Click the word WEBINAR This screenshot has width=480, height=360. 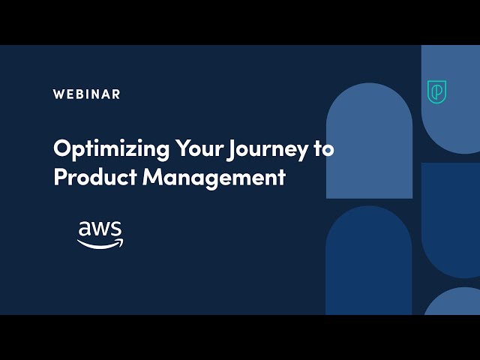click(x=86, y=94)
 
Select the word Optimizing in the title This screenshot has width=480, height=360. click(x=111, y=148)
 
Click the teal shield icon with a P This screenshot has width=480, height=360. click(x=436, y=91)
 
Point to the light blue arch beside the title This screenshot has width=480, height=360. click(x=369, y=142)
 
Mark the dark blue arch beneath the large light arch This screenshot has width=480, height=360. click(x=369, y=262)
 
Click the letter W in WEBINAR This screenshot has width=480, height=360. click(x=58, y=94)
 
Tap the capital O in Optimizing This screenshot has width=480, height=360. click(x=62, y=148)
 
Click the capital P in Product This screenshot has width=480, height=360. click(x=59, y=178)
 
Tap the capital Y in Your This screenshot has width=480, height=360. click(x=181, y=148)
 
